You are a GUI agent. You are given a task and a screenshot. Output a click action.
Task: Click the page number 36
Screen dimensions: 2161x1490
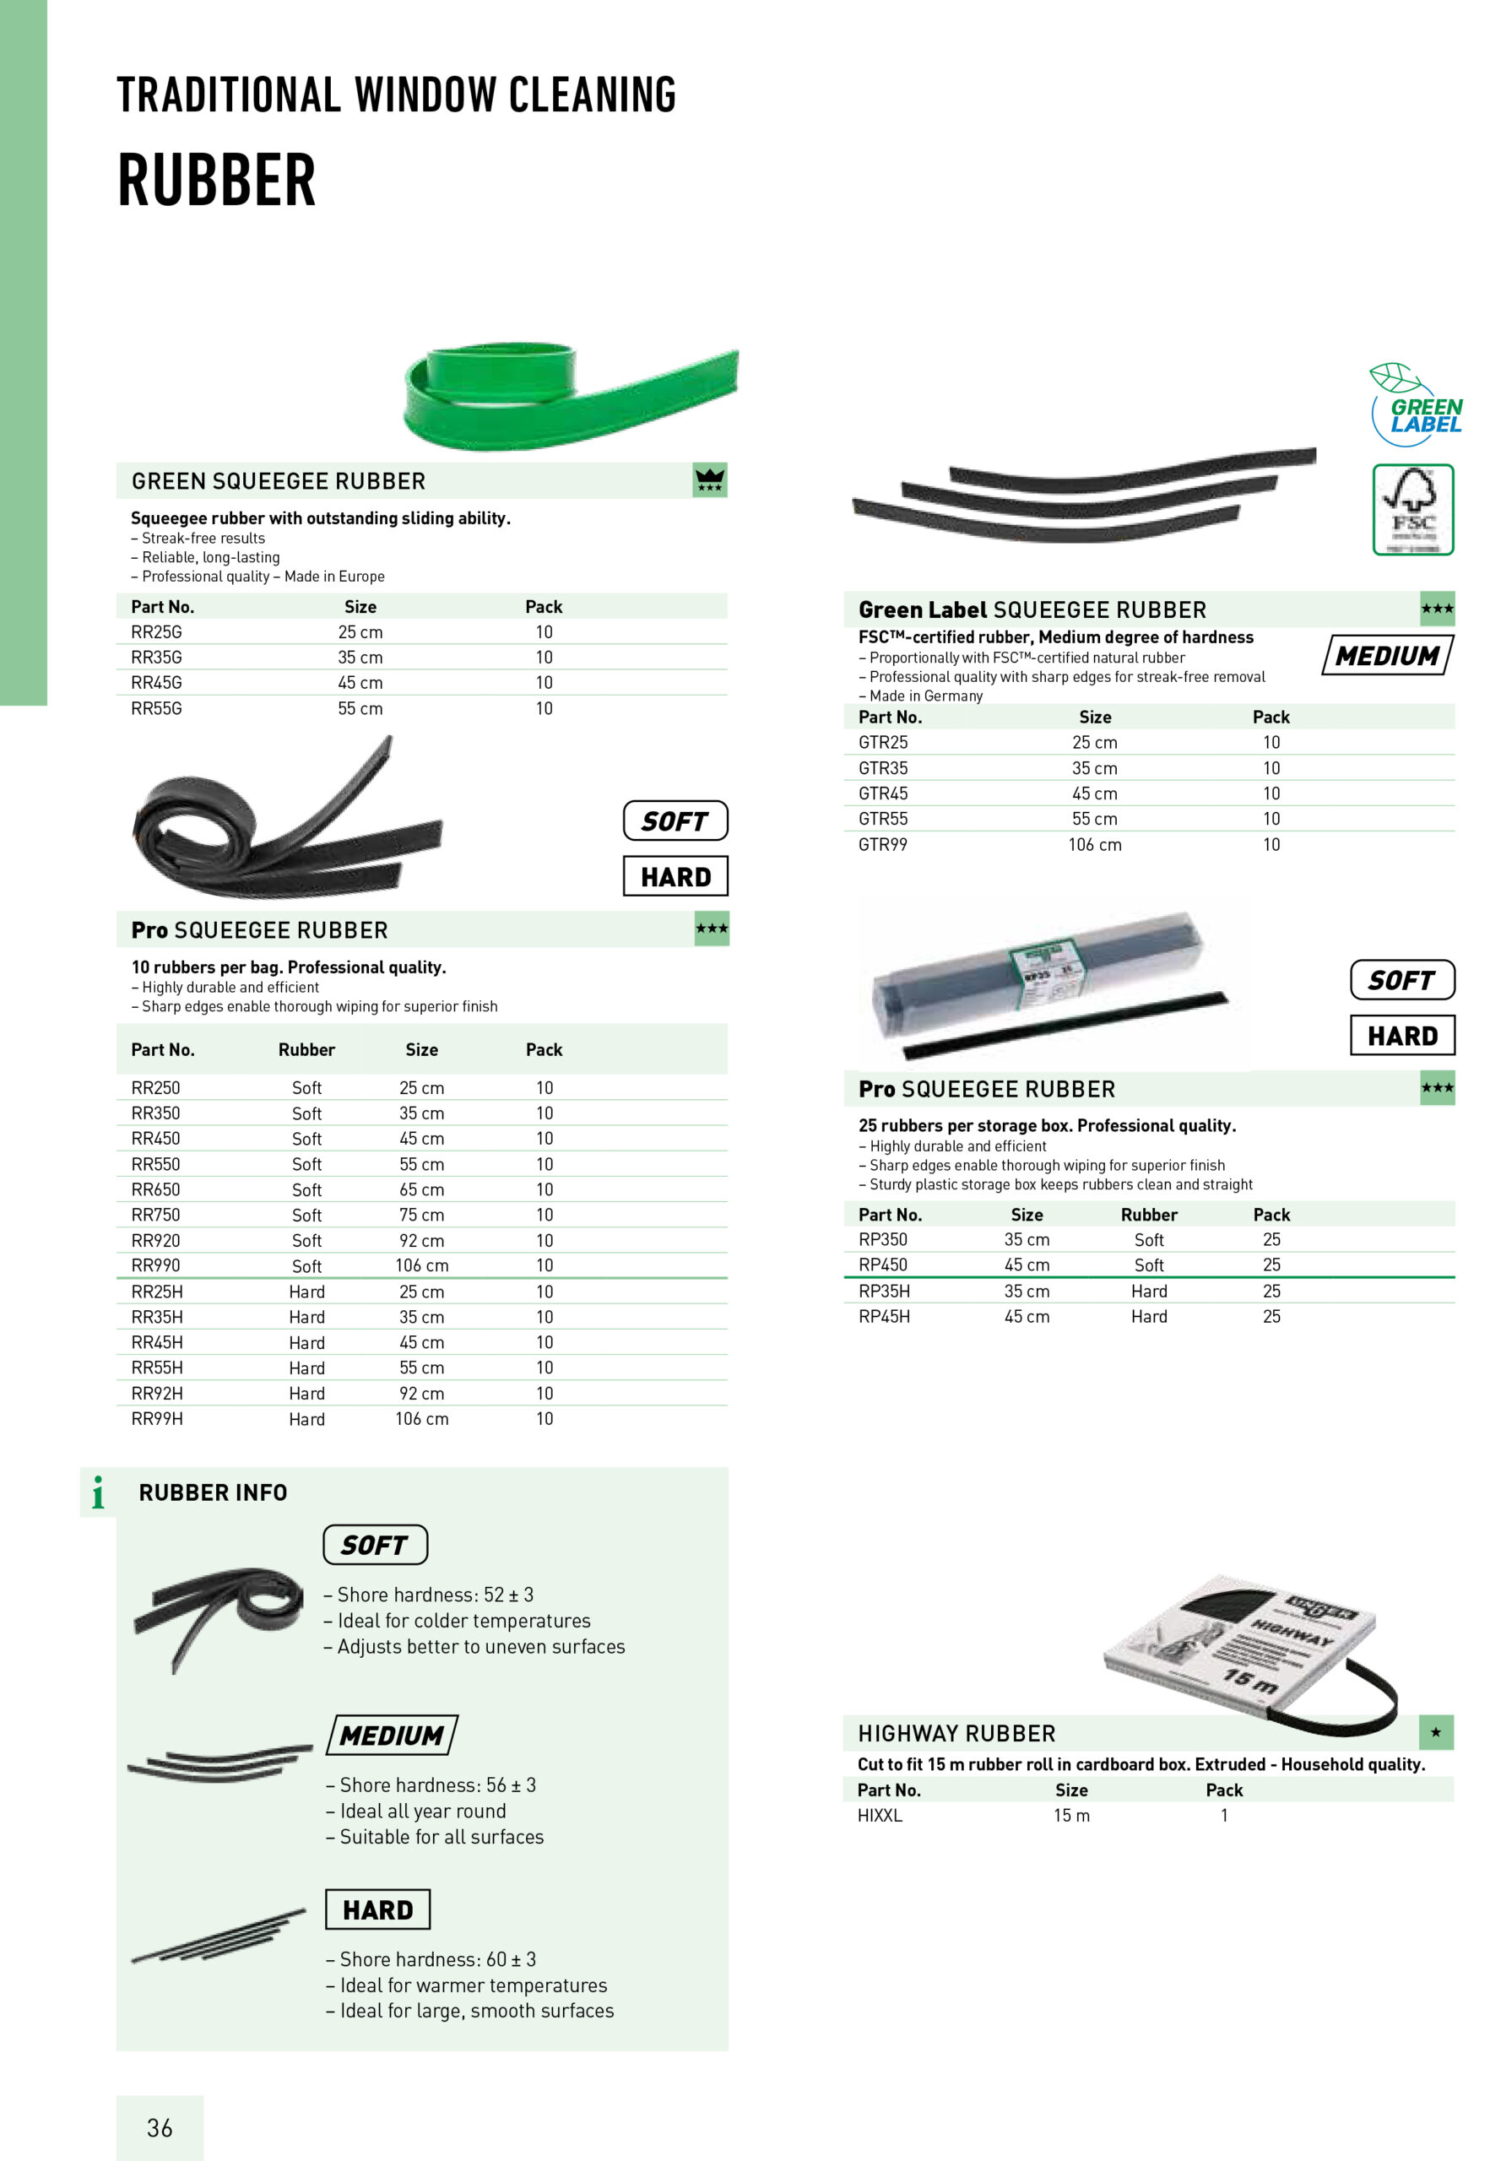coord(160,2127)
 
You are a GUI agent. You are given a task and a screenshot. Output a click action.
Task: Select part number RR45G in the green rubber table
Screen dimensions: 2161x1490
coord(157,682)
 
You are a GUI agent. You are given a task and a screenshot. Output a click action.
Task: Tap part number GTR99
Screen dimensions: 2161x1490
coord(882,844)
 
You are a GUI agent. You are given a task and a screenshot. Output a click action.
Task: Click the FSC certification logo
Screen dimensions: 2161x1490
coord(1412,510)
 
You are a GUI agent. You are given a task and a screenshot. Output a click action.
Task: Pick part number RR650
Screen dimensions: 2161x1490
coord(156,1189)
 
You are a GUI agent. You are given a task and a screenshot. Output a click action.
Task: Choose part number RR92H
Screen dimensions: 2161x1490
coord(157,1393)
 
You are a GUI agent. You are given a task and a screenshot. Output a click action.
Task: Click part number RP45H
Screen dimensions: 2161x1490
coord(884,1316)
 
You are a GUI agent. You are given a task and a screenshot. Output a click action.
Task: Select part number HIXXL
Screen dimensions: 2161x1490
coord(880,1816)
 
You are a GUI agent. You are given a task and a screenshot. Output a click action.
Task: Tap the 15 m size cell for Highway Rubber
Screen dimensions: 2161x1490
coord(1070,1816)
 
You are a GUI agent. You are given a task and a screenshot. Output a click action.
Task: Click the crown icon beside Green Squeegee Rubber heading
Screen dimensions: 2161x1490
coord(709,479)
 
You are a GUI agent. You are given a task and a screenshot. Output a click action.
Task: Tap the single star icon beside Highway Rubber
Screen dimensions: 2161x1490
coord(1436,1732)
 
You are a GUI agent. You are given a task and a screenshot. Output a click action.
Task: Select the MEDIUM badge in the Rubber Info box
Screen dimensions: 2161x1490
coord(392,1736)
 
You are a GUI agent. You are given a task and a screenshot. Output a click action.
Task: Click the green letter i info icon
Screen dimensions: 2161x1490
coord(98,1492)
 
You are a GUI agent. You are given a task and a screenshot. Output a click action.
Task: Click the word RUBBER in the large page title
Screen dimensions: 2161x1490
coord(217,180)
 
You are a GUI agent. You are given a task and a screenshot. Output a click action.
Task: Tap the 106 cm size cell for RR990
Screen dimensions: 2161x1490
coord(421,1266)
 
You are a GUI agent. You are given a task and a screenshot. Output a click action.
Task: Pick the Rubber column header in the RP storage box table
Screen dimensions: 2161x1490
coord(1148,1215)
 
